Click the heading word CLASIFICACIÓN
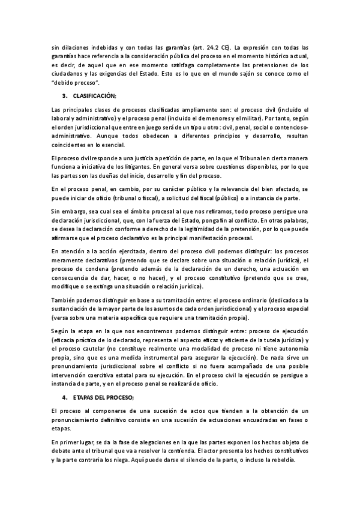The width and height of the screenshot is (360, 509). (94, 95)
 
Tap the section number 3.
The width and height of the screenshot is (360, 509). (64, 95)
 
